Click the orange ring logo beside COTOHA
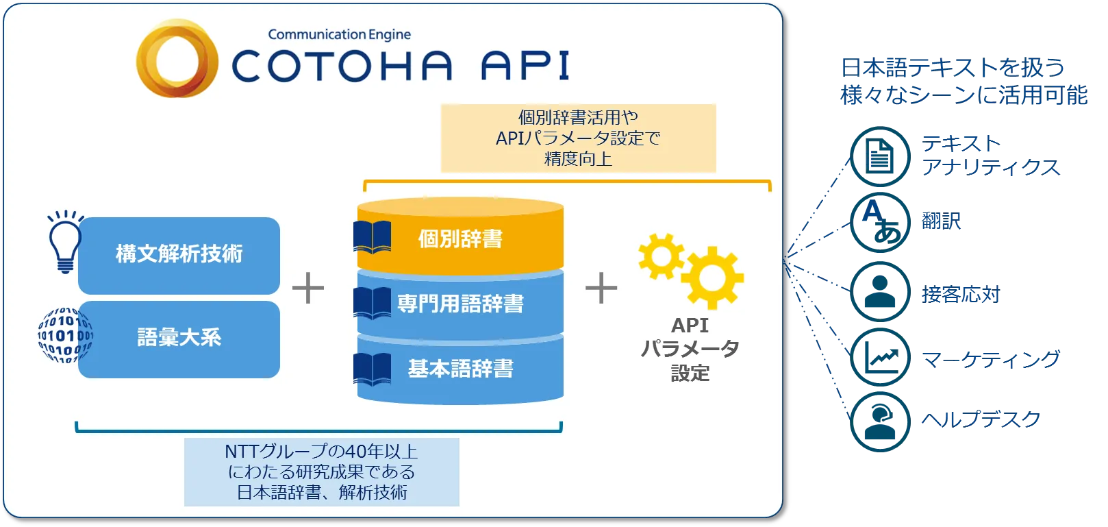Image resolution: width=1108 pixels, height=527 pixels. [177, 59]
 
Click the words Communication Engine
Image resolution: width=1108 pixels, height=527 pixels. [339, 34]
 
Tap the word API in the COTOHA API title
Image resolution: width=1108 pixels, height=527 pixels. [525, 66]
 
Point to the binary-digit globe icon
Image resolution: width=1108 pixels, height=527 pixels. [65, 336]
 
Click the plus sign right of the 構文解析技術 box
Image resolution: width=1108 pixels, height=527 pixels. [308, 288]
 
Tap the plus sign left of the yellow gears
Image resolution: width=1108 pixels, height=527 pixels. [601, 288]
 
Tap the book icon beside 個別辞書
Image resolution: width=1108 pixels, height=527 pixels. [373, 237]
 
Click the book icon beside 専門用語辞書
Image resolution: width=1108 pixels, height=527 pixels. [373, 303]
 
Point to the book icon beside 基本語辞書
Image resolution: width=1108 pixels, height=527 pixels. [373, 369]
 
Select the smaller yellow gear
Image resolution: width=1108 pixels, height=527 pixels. [661, 256]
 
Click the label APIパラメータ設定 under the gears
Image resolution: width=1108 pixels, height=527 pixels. [690, 349]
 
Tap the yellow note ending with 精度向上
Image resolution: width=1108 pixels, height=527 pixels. [578, 138]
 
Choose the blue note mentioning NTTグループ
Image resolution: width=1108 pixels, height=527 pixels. [322, 471]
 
